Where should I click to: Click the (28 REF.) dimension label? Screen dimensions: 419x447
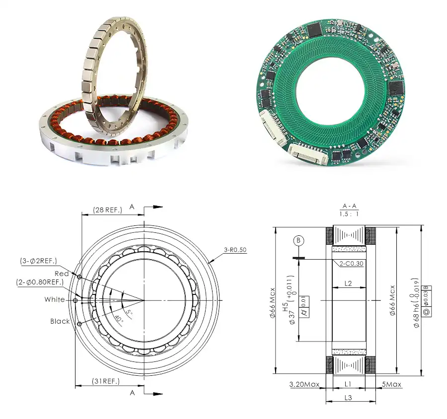(x=108, y=210)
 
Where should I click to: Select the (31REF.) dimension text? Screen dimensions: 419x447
(x=106, y=381)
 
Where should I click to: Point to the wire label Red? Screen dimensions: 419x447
(x=62, y=274)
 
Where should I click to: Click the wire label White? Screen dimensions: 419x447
(x=54, y=299)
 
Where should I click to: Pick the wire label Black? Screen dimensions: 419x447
(x=60, y=321)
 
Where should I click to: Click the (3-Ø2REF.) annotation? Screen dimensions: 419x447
(x=38, y=261)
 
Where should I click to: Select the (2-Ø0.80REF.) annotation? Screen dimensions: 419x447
(x=40, y=282)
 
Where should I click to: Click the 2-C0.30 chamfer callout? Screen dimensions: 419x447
(x=351, y=264)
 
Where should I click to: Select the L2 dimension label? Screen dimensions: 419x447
(x=348, y=283)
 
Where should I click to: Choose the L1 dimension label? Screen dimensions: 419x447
(x=348, y=384)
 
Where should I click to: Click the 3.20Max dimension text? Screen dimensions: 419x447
(x=303, y=384)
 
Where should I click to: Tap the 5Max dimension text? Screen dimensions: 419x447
(x=392, y=384)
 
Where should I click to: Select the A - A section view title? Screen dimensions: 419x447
(x=349, y=206)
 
